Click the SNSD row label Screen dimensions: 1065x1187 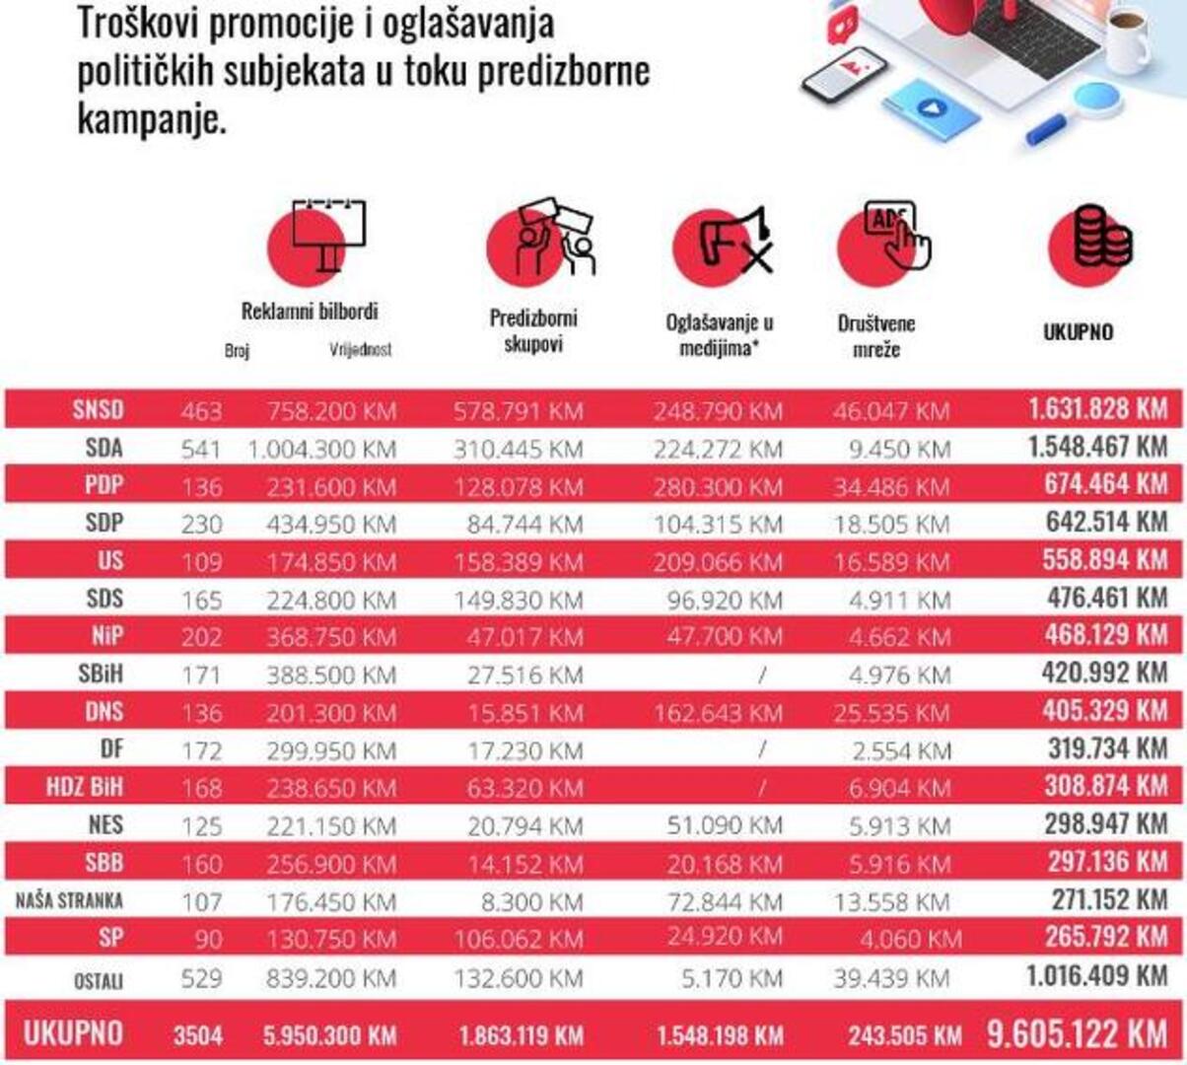(x=98, y=409)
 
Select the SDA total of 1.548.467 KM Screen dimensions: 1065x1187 (x=1097, y=447)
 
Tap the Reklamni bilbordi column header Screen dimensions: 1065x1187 (x=310, y=312)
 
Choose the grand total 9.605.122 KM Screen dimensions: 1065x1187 (x=1077, y=1033)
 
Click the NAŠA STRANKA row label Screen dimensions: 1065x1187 (x=69, y=900)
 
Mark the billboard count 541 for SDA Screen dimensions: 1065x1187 (x=201, y=450)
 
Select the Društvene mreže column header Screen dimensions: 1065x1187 (x=875, y=335)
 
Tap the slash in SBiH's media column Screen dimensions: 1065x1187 (x=762, y=675)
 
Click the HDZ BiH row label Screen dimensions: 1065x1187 (x=85, y=787)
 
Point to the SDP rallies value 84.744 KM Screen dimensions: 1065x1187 (x=524, y=525)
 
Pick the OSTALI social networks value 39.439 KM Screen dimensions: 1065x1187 (x=891, y=977)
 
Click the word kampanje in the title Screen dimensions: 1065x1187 (x=152, y=120)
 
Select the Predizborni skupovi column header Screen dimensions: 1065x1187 (x=532, y=330)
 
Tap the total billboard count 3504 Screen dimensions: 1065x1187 (x=198, y=1035)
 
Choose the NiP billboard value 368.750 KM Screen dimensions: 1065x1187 (x=330, y=637)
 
